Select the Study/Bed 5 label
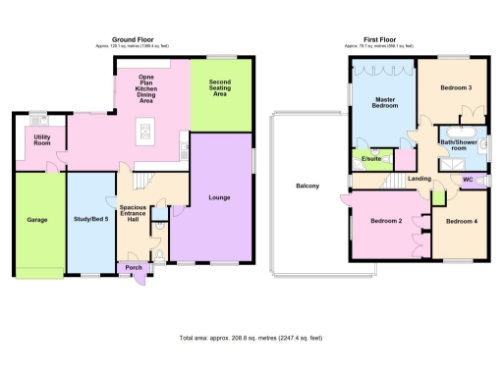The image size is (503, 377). (90, 220)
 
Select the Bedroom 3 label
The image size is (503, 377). (455, 88)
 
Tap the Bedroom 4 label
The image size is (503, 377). (461, 221)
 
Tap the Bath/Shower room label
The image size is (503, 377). (458, 144)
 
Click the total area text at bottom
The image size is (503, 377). (251, 338)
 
